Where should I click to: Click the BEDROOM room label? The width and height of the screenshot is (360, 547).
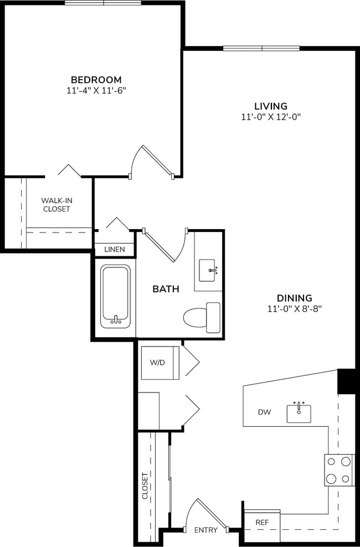pos(96,80)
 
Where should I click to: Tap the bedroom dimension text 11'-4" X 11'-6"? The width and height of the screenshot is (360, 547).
pos(96,90)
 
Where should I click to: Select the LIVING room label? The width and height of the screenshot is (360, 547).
pos(270,106)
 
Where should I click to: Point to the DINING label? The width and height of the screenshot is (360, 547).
pos(295,298)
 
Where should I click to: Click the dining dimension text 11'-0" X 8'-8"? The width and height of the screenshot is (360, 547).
pos(295,308)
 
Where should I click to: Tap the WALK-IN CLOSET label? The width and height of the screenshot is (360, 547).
pos(56,205)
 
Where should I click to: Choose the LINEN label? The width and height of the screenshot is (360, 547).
pos(115,250)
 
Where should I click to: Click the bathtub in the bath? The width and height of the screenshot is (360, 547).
pos(116,296)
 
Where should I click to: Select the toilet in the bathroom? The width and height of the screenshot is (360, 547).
pos(200,318)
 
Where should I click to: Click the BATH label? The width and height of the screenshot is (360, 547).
pos(166,289)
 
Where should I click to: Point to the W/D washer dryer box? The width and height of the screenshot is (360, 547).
pos(160,363)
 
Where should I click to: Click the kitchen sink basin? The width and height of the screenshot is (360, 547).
pos(299,413)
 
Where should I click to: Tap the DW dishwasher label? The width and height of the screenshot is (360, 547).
pos(264,412)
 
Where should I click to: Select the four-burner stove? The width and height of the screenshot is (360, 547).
pos(339,470)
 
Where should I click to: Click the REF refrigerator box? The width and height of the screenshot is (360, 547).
pos(262,522)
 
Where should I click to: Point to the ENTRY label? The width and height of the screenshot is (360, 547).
pos(205,530)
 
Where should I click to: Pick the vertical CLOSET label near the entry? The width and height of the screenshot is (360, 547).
pos(145,486)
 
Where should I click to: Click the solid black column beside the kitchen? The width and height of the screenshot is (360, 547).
pos(346,380)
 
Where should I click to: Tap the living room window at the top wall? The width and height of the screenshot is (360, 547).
pos(261,48)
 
